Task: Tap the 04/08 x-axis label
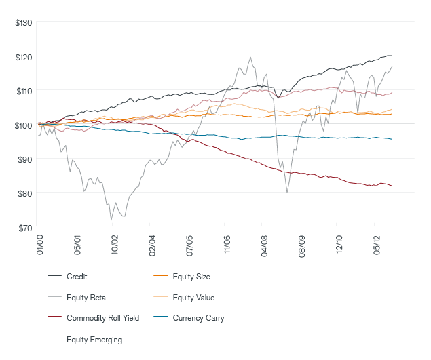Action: (264, 242)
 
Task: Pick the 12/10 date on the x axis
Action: (339, 242)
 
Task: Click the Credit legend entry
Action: (77, 277)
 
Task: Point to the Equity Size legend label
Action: (191, 277)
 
